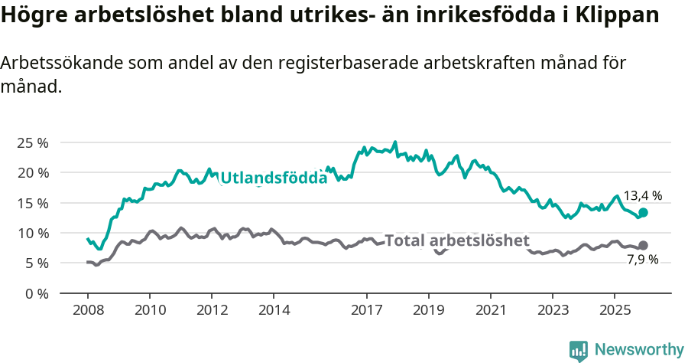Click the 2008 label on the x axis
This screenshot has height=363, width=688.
87,310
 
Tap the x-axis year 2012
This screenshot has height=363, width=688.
212,310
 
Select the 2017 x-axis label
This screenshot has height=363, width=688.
366,310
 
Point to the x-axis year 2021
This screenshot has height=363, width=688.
490,310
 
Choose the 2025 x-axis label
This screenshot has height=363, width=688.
614,310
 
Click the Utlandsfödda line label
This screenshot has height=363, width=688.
274,178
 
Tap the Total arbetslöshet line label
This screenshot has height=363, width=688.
457,240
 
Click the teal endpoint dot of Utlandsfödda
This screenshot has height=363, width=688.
643,212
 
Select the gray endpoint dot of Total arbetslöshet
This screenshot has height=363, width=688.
643,245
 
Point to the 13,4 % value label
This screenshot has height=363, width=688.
642,196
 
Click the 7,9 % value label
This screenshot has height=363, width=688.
642,260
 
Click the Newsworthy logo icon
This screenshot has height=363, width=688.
579,351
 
